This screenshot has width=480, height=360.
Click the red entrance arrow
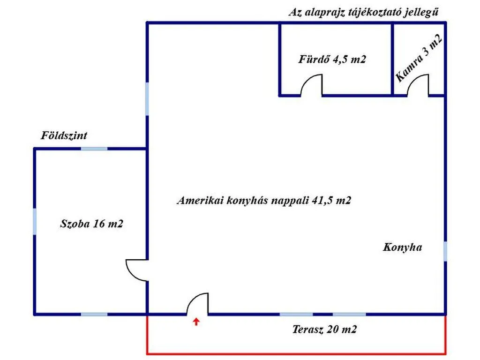(196, 322)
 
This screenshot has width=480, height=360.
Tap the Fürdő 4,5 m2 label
(332, 59)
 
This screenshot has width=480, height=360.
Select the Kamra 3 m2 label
(419, 58)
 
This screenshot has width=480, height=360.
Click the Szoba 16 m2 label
(91, 224)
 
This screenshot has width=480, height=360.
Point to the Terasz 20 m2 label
(324, 330)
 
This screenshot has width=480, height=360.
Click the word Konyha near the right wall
(402, 247)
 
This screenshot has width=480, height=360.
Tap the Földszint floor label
(64, 135)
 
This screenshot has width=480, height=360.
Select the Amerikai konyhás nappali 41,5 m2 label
(264, 200)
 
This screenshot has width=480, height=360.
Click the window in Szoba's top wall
(94, 149)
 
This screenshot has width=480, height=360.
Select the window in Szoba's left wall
(35, 222)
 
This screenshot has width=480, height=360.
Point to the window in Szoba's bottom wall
(94, 315)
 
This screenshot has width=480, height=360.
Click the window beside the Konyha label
(445, 252)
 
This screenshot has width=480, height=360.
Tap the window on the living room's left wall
(147, 99)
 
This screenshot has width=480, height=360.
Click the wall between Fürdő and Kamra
(392, 59)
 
